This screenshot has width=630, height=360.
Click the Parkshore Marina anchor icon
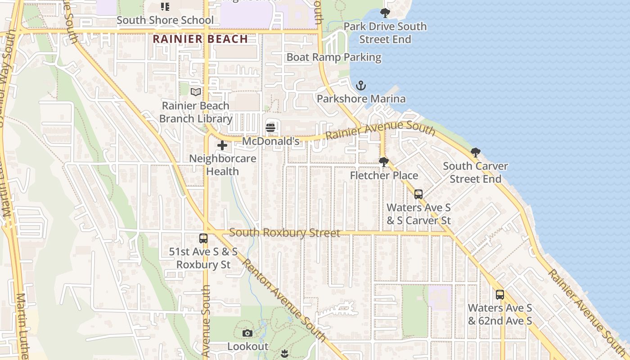pyautogui.click(x=360, y=85)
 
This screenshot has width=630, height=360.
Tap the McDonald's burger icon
pyautogui.click(x=270, y=128)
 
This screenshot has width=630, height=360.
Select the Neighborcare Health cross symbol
pyautogui.click(x=222, y=145)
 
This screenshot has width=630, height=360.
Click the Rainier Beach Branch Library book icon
pyautogui.click(x=196, y=92)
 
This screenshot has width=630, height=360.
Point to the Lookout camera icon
pyautogui.click(x=247, y=333)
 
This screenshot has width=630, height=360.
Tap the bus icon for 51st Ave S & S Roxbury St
pyautogui.click(x=203, y=238)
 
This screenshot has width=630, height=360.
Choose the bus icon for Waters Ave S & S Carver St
pyautogui.click(x=418, y=194)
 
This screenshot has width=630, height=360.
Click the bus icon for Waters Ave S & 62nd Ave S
pyautogui.click(x=500, y=295)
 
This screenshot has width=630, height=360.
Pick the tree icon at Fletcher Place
pyautogui.click(x=384, y=162)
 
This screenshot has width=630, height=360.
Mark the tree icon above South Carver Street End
pyautogui.click(x=476, y=153)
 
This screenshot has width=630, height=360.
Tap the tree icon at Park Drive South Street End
pyautogui.click(x=385, y=13)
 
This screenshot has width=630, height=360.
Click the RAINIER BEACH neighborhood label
pyautogui.click(x=200, y=39)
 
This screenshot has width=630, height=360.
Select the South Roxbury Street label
pyautogui.click(x=284, y=233)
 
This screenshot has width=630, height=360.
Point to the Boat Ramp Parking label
pyautogui.click(x=334, y=58)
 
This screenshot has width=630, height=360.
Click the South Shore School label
pyautogui.click(x=165, y=20)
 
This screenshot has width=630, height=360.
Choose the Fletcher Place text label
pyautogui.click(x=384, y=175)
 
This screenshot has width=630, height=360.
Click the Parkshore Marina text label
pyautogui.click(x=361, y=99)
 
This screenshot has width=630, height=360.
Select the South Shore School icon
pyautogui.click(x=165, y=6)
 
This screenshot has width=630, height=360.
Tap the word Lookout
pyautogui.click(x=247, y=346)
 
